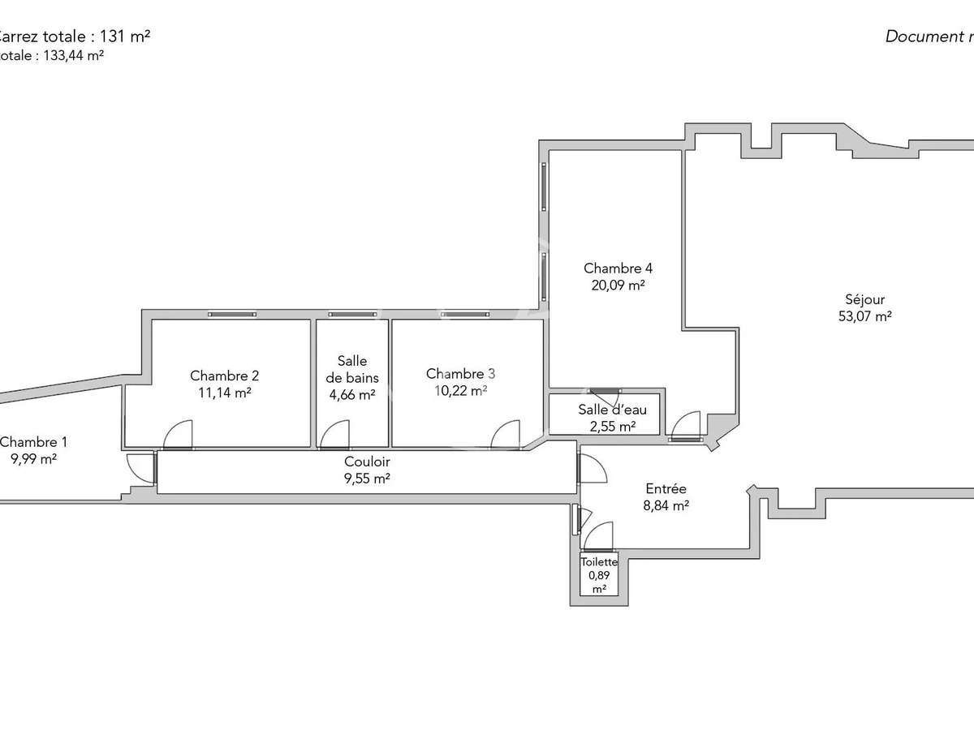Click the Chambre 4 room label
[618, 268]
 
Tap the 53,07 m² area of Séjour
[865, 316]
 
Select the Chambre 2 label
[225, 376]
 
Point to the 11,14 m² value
[225, 392]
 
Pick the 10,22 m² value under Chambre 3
[459, 390]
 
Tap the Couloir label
[367, 462]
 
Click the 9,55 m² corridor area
[367, 478]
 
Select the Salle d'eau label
[612, 410]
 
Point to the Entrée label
[666, 488]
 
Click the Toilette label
[599, 561]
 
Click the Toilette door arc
[600, 536]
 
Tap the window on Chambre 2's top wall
[231, 314]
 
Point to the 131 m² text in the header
[125, 36]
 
